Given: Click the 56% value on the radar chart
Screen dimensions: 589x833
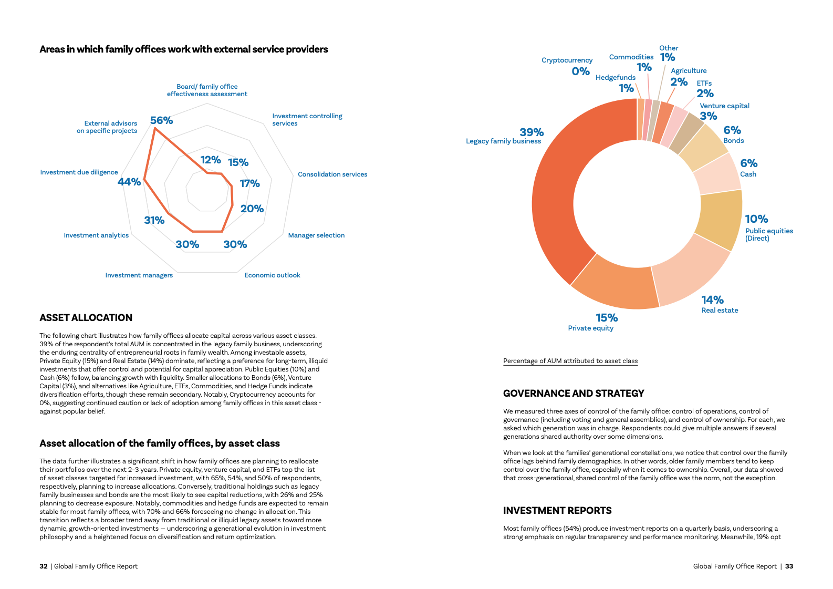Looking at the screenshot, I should [161, 120].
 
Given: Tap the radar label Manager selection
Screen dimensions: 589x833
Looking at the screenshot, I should [316, 235].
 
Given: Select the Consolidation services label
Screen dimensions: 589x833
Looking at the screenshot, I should [332, 174].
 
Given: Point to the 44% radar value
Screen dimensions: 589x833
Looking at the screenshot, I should [129, 182].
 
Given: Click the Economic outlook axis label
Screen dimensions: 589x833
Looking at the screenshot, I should [272, 275].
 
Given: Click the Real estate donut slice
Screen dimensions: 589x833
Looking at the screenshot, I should [688, 268].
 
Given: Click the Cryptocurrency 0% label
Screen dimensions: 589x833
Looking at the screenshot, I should [567, 66].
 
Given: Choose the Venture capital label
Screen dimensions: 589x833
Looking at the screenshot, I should [724, 106].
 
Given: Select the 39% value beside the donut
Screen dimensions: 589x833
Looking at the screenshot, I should [532, 132].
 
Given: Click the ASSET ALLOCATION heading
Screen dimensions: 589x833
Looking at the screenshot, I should [86, 318].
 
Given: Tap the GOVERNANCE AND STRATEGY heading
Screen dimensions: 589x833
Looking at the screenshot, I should [574, 394].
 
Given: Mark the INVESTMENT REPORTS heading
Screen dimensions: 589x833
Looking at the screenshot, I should [557, 511].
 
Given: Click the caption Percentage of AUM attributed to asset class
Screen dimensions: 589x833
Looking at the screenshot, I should [570, 361].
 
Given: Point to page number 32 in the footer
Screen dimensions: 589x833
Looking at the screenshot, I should [44, 566].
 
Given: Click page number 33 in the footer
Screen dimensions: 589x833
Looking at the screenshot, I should [789, 566].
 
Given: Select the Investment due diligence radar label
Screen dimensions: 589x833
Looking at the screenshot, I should [79, 172].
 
